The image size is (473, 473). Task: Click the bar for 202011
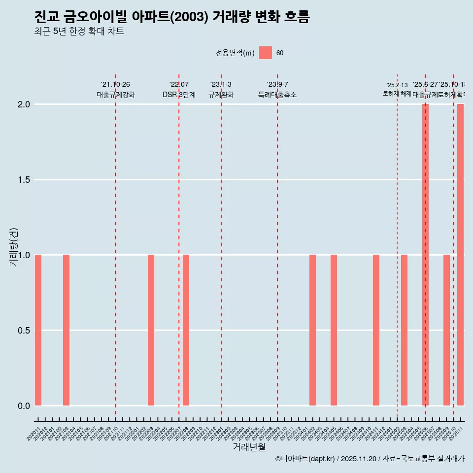(38, 330)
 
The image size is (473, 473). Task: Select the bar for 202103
(66, 330)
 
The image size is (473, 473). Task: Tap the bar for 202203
(151, 330)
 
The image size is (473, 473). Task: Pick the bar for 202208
(186, 330)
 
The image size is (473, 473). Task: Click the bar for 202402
(312, 330)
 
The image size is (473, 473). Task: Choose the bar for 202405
(334, 330)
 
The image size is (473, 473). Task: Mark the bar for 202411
(376, 330)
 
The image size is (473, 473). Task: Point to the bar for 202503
(404, 330)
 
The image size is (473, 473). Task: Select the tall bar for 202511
(460, 255)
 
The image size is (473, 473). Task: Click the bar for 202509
(446, 330)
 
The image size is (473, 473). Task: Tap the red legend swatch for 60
(266, 53)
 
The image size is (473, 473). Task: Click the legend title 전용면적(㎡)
(235, 53)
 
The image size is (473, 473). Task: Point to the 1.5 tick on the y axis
(23, 180)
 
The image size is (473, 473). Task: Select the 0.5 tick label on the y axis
(23, 330)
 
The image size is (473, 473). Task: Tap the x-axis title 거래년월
(249, 447)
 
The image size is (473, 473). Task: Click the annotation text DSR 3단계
(179, 95)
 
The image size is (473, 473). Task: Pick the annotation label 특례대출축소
(277, 95)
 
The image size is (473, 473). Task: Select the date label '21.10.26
(115, 85)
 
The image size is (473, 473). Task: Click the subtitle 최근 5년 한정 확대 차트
(79, 32)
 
